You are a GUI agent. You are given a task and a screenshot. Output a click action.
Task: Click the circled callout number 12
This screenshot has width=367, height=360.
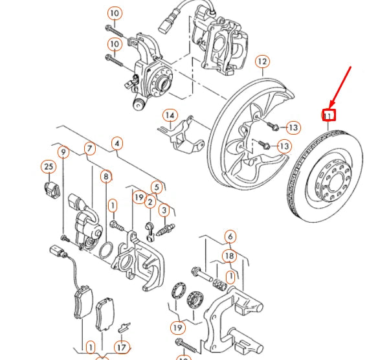(261, 62)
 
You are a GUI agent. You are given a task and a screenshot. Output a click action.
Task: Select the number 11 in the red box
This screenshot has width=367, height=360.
(329, 116)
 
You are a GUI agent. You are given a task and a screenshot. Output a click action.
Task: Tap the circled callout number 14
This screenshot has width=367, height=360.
(170, 116)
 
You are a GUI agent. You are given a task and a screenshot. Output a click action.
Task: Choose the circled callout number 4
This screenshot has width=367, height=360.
(117, 142)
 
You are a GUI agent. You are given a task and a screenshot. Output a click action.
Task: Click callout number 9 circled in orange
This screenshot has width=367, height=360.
(63, 153)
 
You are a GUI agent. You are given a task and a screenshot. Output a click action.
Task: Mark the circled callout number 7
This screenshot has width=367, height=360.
(90, 149)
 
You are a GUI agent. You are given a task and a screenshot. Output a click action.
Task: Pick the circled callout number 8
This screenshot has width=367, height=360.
(105, 175)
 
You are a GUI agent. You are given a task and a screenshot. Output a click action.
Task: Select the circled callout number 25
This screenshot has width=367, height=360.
(48, 168)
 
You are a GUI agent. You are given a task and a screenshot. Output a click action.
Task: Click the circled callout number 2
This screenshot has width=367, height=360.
(150, 203)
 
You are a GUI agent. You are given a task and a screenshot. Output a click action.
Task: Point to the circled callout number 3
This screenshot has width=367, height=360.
(164, 210)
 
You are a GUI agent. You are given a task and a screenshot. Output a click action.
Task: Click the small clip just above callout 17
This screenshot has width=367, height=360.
(126, 325)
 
